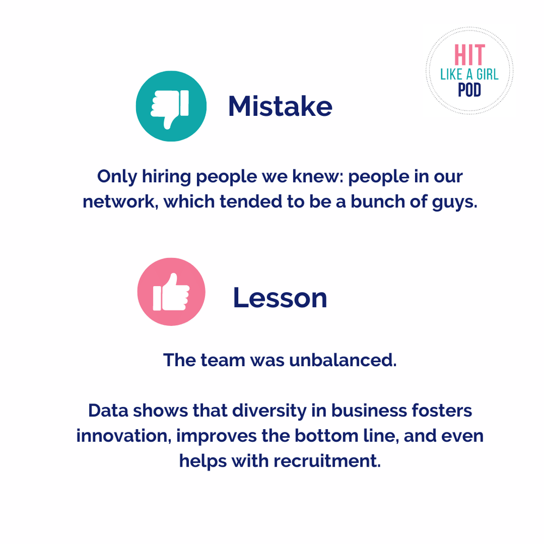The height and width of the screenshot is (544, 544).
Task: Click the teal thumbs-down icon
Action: click(x=171, y=106)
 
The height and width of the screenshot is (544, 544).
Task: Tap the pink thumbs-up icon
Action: click(x=171, y=292)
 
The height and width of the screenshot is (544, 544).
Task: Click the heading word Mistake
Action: click(x=280, y=106)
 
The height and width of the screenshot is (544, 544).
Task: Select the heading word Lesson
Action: click(x=280, y=298)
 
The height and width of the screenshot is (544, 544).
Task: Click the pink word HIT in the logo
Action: click(x=470, y=55)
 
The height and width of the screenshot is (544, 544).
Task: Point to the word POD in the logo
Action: click(x=470, y=90)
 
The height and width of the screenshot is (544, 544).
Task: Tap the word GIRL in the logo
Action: click(x=487, y=74)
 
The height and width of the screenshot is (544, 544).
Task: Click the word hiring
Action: click(x=166, y=177)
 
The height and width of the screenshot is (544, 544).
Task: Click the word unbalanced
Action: click(x=343, y=360)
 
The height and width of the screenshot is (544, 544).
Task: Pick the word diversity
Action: click(x=269, y=411)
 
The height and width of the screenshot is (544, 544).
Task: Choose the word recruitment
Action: click(x=327, y=461)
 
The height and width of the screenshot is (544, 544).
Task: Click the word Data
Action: click(x=108, y=410)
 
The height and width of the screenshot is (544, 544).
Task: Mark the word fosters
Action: click(x=442, y=410)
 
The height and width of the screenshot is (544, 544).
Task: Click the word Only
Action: click(x=117, y=177)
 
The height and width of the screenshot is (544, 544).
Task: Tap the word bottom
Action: click(x=326, y=436)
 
